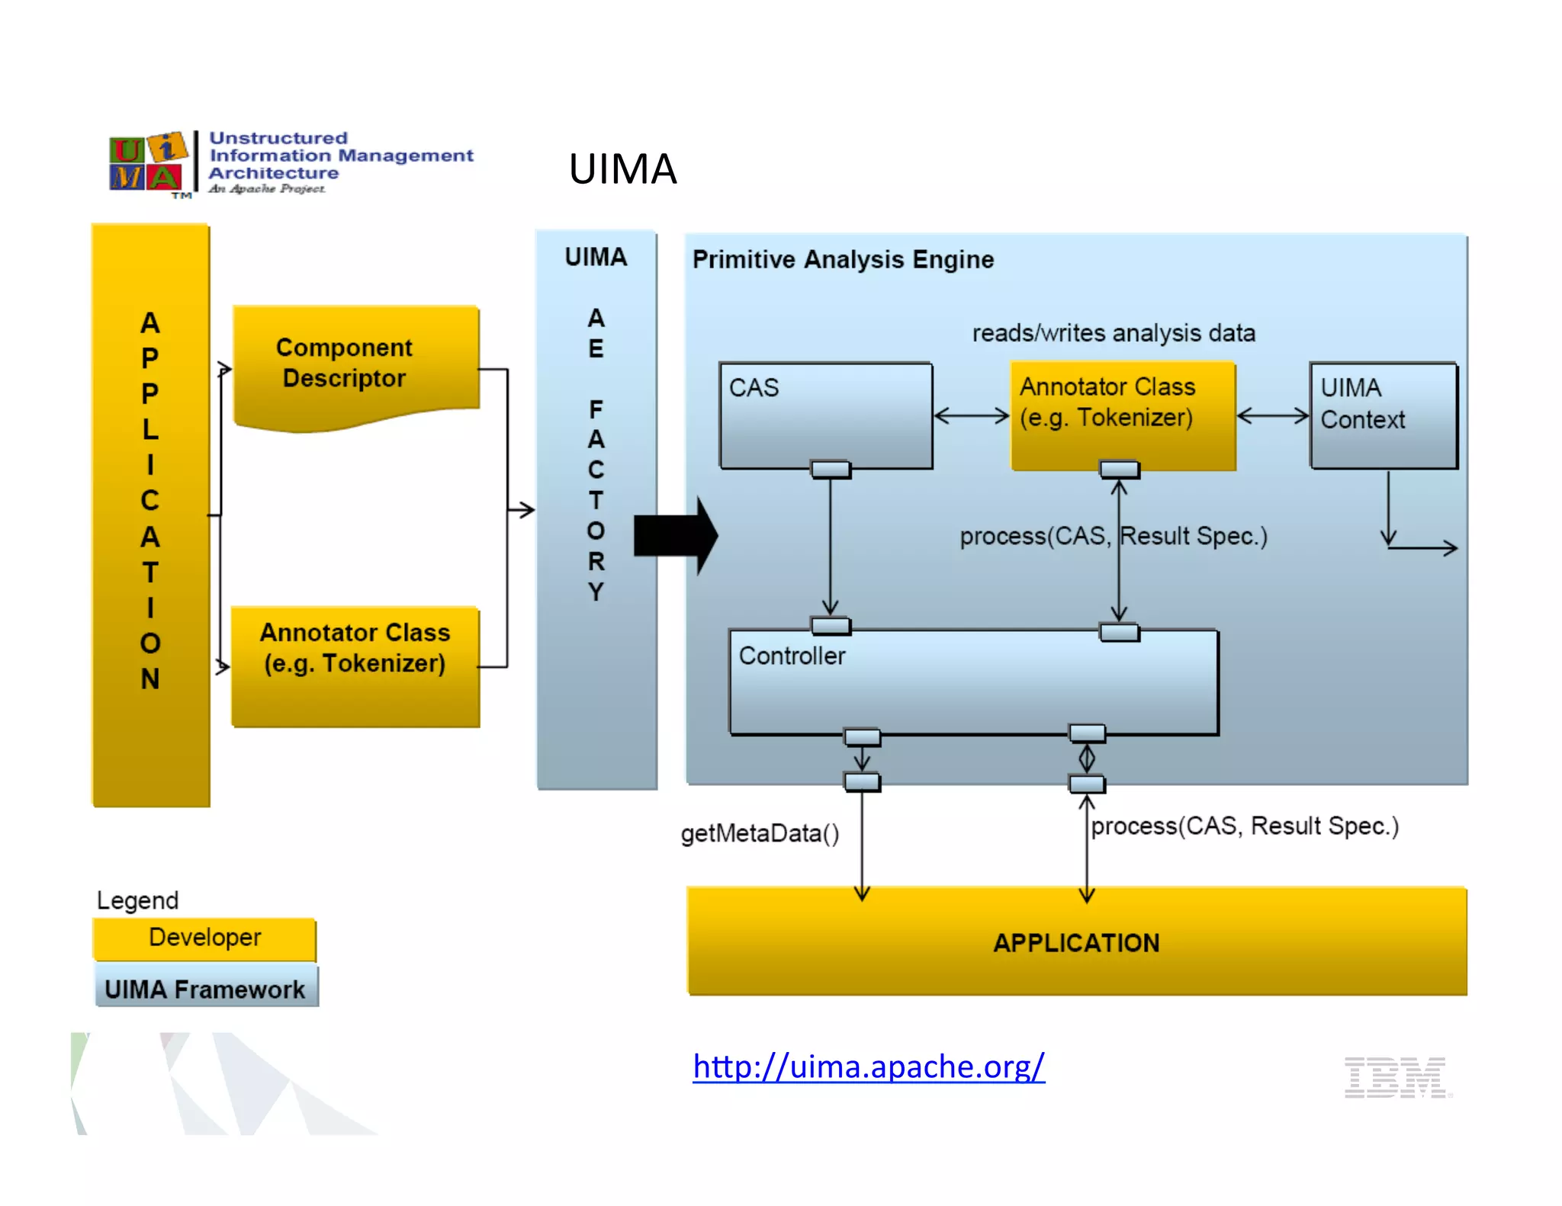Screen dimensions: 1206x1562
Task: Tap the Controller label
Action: pyautogui.click(x=792, y=656)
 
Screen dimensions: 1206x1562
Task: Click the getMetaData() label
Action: pyautogui.click(x=760, y=833)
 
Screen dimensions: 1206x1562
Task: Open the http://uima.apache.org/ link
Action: pyautogui.click(x=868, y=1066)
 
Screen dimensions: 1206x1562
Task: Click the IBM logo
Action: pyautogui.click(x=1395, y=1077)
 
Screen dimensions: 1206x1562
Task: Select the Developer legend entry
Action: pyautogui.click(x=204, y=938)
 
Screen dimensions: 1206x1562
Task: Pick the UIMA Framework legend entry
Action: pyautogui.click(x=205, y=989)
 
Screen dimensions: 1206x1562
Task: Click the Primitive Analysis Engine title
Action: pyautogui.click(x=843, y=260)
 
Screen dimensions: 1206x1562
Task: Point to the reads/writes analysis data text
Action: pyautogui.click(x=1113, y=333)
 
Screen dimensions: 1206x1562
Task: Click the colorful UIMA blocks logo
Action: pyautogui.click(x=147, y=162)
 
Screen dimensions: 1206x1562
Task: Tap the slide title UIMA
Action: pyautogui.click(x=622, y=168)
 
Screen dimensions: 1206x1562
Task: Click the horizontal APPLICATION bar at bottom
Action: pyautogui.click(x=1076, y=942)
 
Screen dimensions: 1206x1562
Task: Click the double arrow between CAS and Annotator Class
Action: pyautogui.click(x=971, y=415)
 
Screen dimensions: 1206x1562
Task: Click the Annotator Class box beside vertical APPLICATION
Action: pyautogui.click(x=355, y=665)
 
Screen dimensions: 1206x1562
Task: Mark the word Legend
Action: pyautogui.click(x=137, y=900)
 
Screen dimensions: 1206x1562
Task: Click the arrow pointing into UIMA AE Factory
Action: pyautogui.click(x=522, y=509)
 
